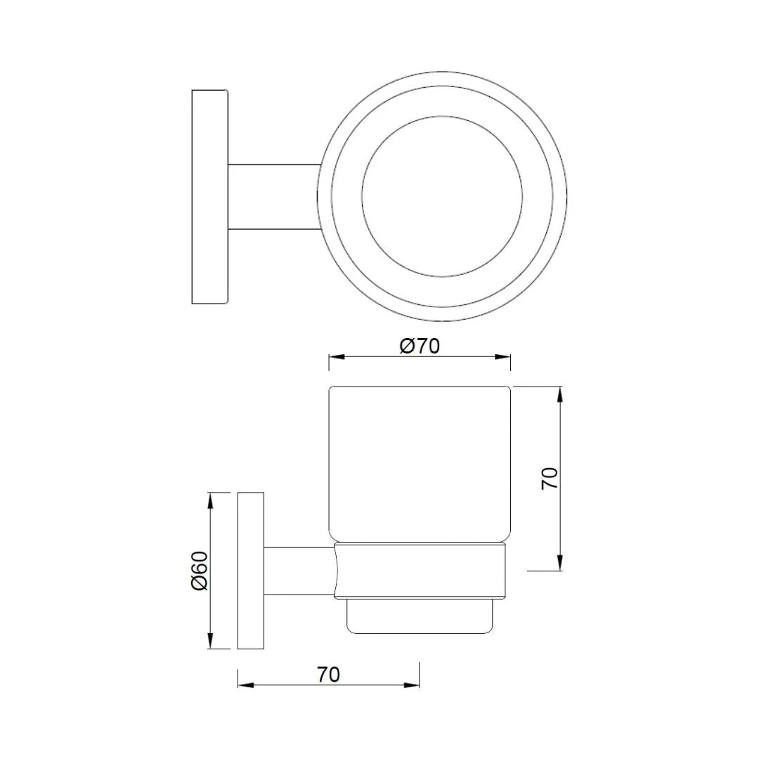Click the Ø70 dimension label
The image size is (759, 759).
[420, 346]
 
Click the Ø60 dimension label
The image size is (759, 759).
[200, 570]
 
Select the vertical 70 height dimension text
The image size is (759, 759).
[550, 478]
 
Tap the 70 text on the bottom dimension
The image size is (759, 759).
[328, 675]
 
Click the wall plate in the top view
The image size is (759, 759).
[209, 197]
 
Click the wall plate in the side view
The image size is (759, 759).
[251, 570]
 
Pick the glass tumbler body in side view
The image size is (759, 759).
[420, 464]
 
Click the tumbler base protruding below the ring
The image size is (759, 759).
[420, 616]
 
